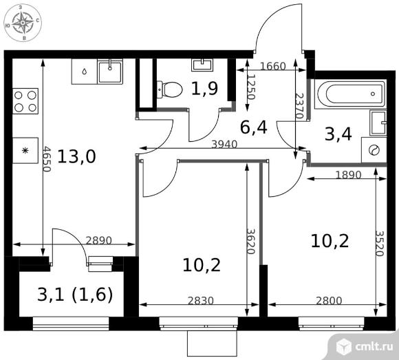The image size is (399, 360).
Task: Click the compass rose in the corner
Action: click(x=23, y=23)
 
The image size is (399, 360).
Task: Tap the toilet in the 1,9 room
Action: click(x=169, y=89)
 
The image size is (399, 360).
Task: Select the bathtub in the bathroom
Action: click(x=350, y=94)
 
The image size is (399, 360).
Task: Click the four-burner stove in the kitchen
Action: click(x=25, y=101)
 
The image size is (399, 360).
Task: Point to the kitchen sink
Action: click(x=110, y=72)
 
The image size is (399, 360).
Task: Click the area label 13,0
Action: click(x=76, y=156)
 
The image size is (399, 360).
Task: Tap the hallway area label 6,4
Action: click(x=253, y=127)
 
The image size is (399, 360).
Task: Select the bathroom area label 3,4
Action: click(x=338, y=134)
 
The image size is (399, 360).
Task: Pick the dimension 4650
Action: click(x=47, y=158)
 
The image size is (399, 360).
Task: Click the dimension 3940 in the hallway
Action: click(x=224, y=145)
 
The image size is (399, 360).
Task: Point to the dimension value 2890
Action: click(x=99, y=240)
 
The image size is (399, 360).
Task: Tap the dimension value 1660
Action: click(x=273, y=66)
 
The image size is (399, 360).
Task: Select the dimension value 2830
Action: click(x=201, y=301)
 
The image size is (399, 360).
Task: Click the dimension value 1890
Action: click(x=348, y=175)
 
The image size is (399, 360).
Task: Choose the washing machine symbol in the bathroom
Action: click(x=374, y=150)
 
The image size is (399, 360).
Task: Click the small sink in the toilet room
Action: click(x=202, y=65)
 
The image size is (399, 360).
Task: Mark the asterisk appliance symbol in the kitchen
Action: click(x=25, y=151)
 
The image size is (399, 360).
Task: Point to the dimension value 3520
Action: click(x=380, y=244)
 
